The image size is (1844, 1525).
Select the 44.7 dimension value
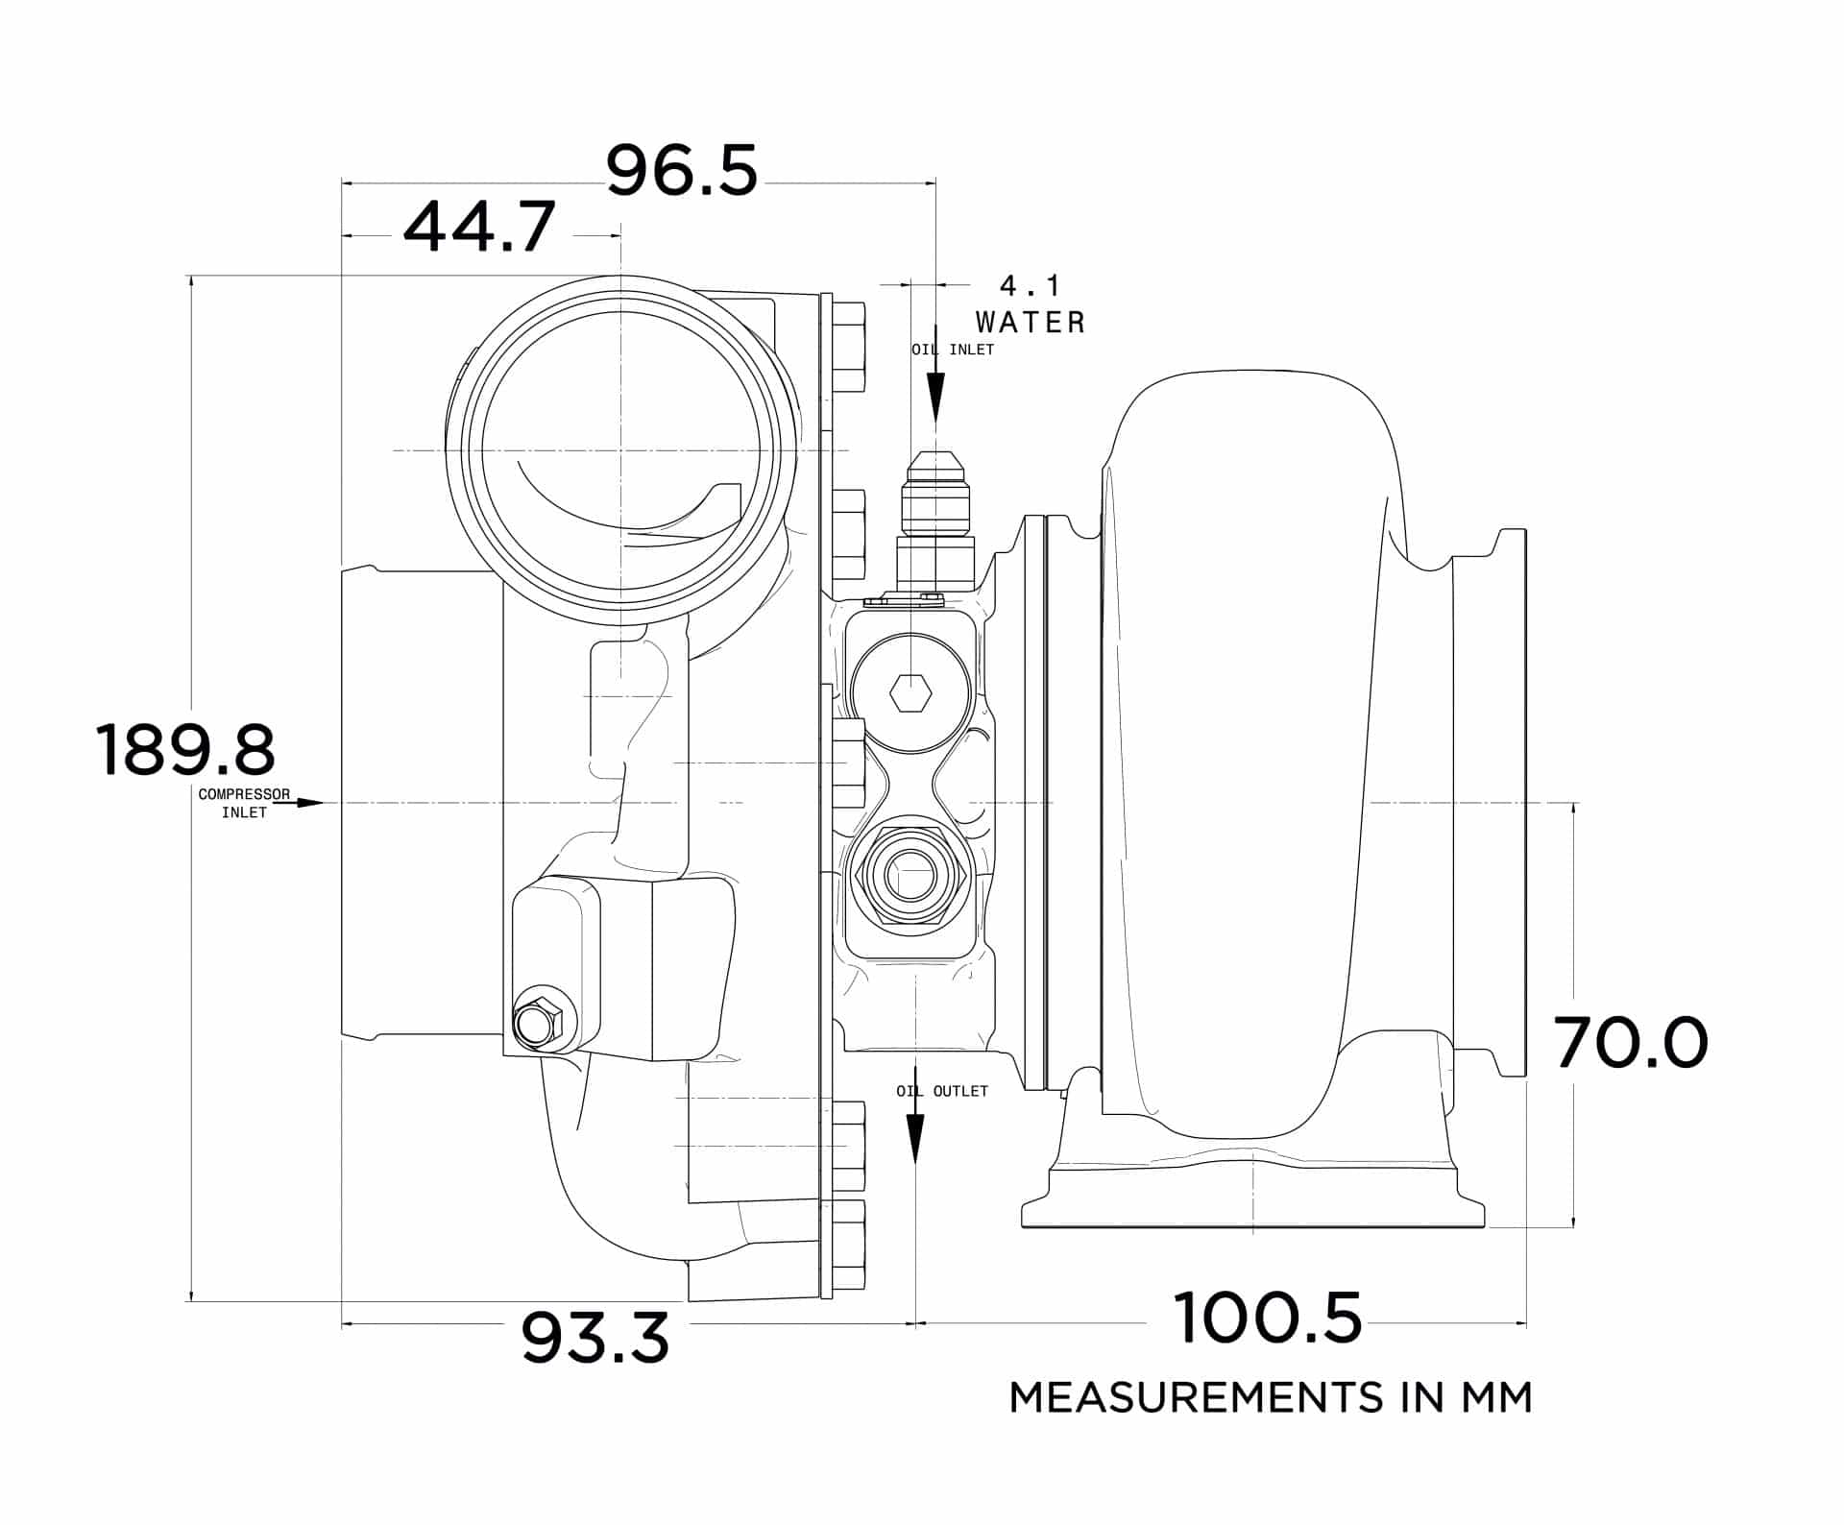coord(478,228)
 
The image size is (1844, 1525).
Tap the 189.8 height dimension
coord(185,750)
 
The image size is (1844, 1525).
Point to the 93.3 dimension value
coord(594,1339)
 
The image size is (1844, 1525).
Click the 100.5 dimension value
coord(1267,1319)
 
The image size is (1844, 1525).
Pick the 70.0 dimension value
coord(1631,1044)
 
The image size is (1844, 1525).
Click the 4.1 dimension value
coord(1030,286)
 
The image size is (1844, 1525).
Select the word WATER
coord(1030,323)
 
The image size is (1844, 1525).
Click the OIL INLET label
coord(953,350)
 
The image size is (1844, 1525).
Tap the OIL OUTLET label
coord(941,1091)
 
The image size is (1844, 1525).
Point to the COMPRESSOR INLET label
coord(243,803)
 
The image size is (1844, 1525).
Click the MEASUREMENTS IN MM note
coord(1270,1397)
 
